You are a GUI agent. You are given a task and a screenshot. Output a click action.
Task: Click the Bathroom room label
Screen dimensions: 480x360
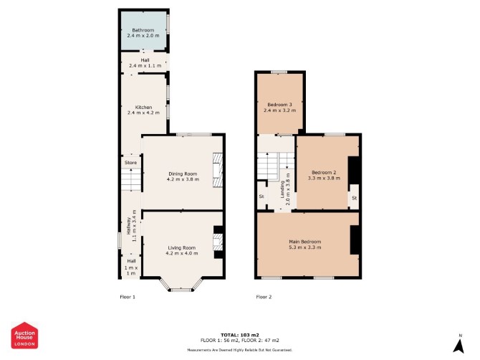tap(143, 30)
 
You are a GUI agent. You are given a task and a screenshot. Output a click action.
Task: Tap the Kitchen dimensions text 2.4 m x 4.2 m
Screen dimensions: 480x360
tap(143, 113)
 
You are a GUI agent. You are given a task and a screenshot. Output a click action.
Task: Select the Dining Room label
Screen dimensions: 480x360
tap(183, 174)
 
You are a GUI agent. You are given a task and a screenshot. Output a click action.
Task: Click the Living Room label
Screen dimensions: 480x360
tap(182, 247)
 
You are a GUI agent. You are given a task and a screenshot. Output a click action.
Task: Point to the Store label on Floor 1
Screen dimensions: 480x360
tap(130, 162)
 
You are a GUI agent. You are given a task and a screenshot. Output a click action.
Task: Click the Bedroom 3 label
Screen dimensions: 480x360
tap(280, 105)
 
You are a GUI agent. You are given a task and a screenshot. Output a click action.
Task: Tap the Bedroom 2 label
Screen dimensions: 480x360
tap(324, 173)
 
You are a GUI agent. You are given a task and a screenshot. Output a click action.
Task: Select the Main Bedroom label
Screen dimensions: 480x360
tap(305, 242)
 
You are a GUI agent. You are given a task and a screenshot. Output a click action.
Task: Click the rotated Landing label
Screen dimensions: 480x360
tap(282, 189)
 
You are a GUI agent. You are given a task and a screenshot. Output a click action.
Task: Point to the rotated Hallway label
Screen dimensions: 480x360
tap(129, 226)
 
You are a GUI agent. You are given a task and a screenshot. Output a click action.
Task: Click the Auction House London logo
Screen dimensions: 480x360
tap(24, 335)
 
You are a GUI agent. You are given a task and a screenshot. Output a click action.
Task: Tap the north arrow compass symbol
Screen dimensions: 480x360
tap(459, 346)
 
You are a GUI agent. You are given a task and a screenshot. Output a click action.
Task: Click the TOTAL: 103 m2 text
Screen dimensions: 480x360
tap(240, 335)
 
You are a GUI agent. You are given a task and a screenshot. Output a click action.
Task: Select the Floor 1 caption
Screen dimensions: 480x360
tap(128, 297)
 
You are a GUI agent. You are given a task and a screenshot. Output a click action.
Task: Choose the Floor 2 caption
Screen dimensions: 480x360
tap(264, 297)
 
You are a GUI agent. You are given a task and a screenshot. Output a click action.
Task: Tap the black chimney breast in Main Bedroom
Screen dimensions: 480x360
tap(355, 240)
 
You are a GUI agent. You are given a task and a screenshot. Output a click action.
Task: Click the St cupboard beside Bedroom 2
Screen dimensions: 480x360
tap(354, 198)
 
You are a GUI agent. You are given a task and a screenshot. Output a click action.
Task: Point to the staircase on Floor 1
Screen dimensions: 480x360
tap(131, 179)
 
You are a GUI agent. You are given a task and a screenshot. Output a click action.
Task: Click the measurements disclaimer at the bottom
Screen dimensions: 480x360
tap(240, 349)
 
